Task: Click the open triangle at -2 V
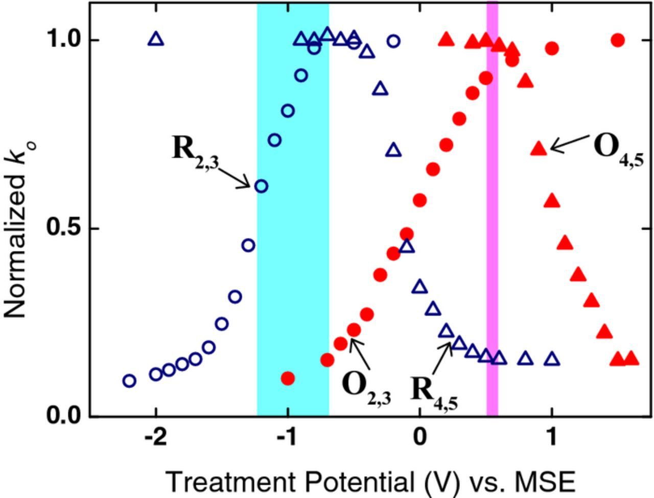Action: [156, 39]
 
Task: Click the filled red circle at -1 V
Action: [288, 378]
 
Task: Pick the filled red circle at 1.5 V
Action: [618, 40]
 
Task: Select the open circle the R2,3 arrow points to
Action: [261, 186]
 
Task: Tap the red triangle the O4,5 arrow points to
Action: [539, 149]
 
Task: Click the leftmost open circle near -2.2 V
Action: [129, 381]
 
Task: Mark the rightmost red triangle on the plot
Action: [631, 359]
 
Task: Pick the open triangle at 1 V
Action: [552, 359]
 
